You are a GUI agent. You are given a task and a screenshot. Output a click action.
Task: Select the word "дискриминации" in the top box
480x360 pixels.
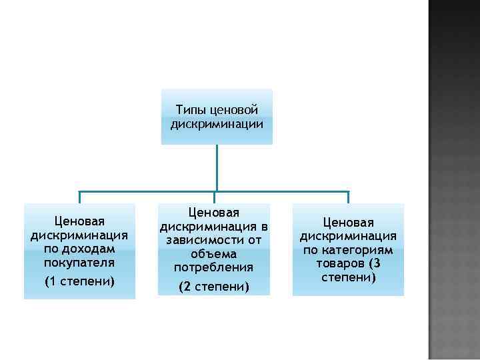(217, 123)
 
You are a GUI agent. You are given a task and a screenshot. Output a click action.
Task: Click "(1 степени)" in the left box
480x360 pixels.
(79, 281)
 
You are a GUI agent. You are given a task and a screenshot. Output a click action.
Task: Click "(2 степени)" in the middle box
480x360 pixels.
(213, 287)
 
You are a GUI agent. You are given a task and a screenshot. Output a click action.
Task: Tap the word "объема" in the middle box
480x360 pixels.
(213, 254)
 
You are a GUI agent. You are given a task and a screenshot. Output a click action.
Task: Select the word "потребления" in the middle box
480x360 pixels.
(213, 267)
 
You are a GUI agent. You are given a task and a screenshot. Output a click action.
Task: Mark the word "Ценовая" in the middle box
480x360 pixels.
(213, 213)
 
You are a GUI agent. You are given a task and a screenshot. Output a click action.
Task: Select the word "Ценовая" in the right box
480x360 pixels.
(348, 222)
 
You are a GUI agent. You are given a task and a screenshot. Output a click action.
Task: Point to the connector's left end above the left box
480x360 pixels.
(79, 197)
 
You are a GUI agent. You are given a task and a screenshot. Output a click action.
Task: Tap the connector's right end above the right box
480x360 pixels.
(347, 197)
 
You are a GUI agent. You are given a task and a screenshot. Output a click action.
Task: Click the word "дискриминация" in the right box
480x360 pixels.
(348, 236)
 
